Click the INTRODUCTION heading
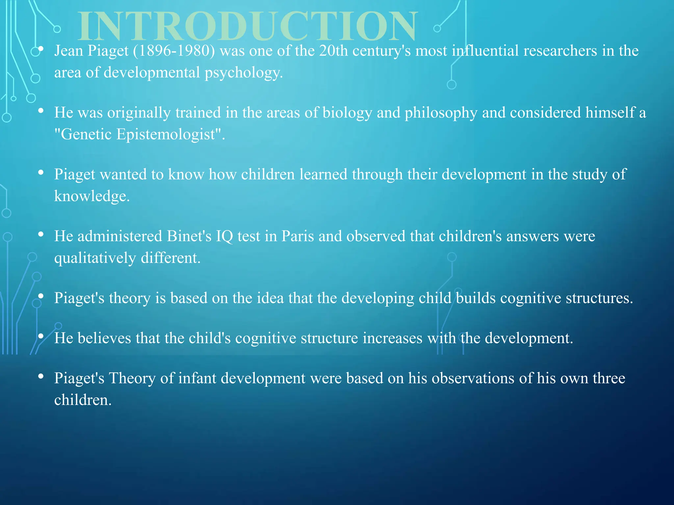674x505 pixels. (x=248, y=26)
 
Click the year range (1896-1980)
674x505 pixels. (x=174, y=51)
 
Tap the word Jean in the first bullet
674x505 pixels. (x=68, y=51)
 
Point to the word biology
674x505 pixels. (x=347, y=113)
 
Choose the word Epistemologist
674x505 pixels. (x=166, y=135)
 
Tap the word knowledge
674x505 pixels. (x=91, y=196)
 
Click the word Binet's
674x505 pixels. (x=189, y=236)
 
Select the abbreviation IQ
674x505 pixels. (x=224, y=237)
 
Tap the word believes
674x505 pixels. (x=104, y=338)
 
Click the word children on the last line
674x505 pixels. (x=83, y=400)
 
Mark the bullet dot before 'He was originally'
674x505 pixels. (x=41, y=111)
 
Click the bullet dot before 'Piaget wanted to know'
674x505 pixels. (x=41, y=173)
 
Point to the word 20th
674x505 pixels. (x=333, y=51)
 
